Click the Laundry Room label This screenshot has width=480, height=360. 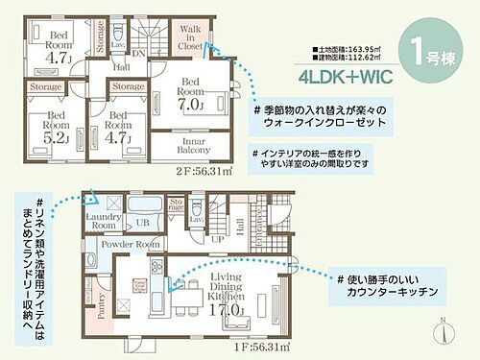click(x=102, y=221)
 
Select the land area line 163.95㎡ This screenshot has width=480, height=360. click(x=356, y=46)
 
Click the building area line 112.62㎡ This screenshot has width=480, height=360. click(x=356, y=56)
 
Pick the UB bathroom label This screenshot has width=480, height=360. click(x=141, y=222)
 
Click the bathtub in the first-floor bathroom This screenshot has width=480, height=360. click(x=148, y=205)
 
